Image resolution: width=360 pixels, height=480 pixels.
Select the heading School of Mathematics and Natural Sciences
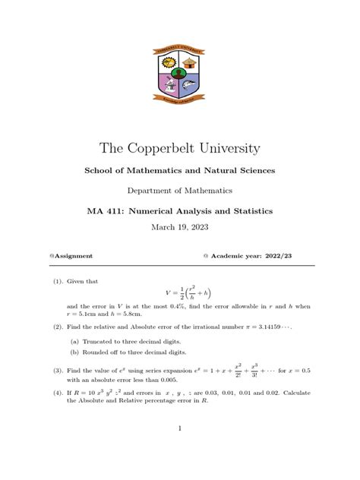(x=180, y=171)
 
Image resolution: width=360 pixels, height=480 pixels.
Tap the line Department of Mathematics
(x=180, y=191)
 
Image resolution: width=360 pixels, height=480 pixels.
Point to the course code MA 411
(x=107, y=210)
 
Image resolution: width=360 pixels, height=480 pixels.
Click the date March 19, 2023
(x=180, y=226)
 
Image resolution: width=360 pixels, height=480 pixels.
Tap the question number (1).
(x=58, y=281)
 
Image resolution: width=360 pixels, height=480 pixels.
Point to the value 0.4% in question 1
(x=164, y=306)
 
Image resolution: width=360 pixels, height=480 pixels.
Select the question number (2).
(x=58, y=327)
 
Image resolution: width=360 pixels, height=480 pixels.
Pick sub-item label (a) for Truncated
(x=74, y=342)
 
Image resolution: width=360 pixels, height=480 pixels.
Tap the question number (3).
(x=58, y=371)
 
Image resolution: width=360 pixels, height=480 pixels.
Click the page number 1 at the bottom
(x=180, y=429)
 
